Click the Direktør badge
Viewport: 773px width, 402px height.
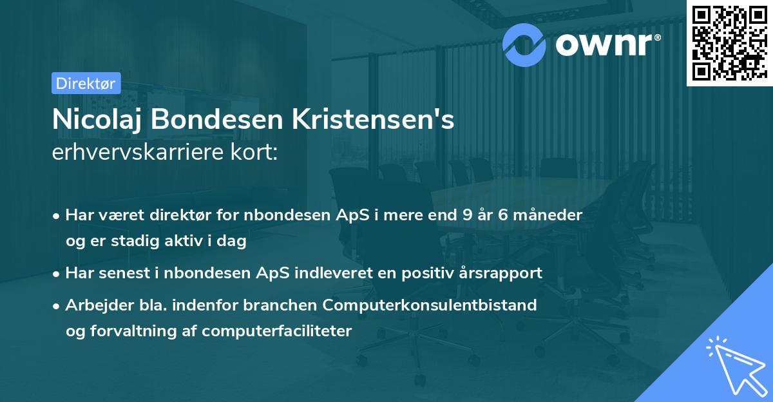(86, 83)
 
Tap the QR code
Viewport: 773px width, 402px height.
(729, 43)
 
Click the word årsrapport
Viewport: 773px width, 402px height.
(502, 273)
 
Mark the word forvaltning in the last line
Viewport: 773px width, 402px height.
(131, 332)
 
